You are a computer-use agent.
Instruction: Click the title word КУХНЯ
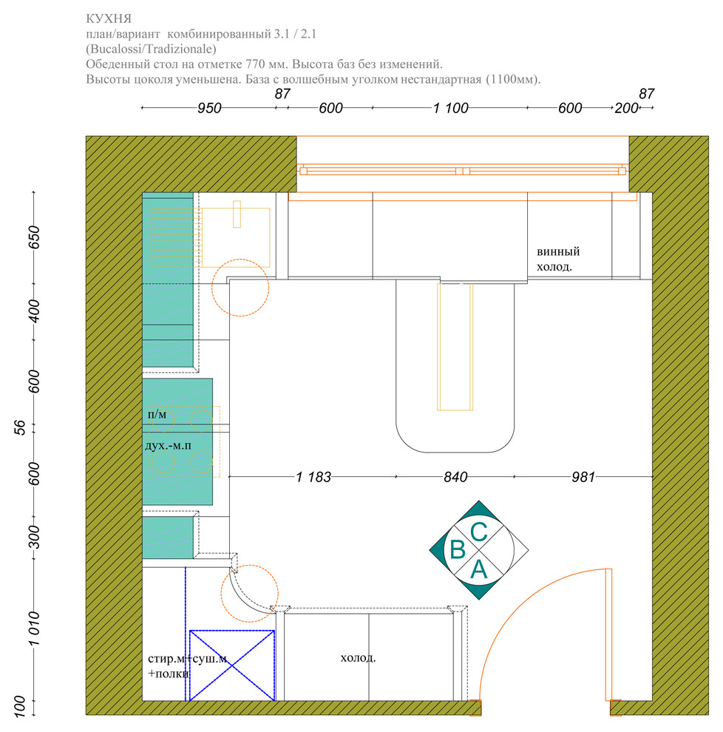(109, 19)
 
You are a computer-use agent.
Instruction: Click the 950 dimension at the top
(209, 108)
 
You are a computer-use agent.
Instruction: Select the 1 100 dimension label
(450, 108)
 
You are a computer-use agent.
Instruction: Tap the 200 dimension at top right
(626, 108)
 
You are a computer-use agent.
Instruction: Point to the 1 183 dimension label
(313, 477)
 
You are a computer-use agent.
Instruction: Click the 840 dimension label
(455, 477)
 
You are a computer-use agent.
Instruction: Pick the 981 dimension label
(583, 477)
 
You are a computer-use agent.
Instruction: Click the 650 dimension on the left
(34, 237)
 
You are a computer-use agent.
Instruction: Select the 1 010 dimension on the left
(34, 628)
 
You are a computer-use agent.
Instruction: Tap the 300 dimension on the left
(34, 537)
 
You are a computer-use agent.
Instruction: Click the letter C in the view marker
(479, 532)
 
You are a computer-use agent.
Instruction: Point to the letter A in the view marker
(479, 569)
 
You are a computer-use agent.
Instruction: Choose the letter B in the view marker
(458, 549)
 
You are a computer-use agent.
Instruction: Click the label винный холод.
(558, 259)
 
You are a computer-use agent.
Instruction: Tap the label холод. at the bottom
(358, 658)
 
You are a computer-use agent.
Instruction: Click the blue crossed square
(232, 665)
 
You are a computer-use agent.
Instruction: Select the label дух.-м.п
(168, 446)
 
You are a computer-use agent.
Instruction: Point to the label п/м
(157, 415)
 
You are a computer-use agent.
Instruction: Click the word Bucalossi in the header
(116, 49)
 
